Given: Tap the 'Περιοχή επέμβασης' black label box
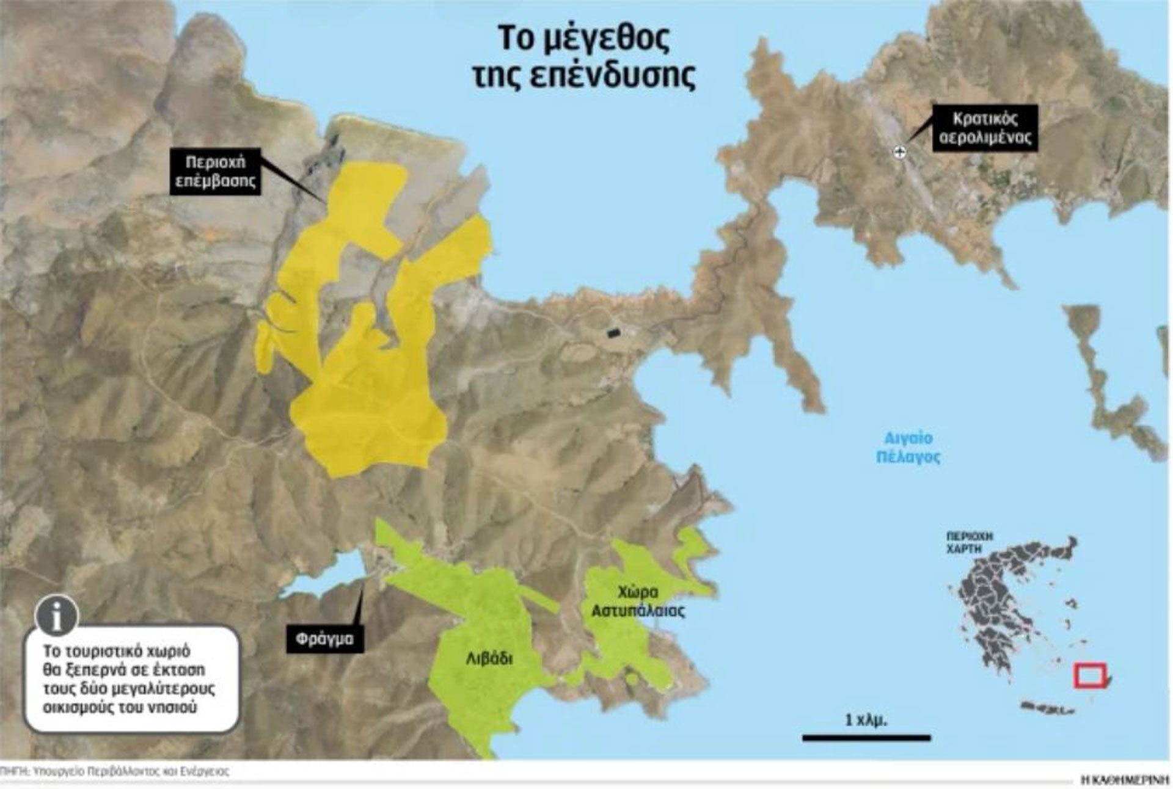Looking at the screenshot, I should click(215, 172).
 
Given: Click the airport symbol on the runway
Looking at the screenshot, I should click(899, 152).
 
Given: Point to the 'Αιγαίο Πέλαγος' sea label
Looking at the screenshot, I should click(908, 447).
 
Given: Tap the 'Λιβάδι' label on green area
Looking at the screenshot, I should click(489, 659).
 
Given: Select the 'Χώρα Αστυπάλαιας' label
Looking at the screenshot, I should click(638, 601).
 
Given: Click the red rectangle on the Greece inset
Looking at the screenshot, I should click(1091, 675).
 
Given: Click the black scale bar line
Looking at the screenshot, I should click(866, 738).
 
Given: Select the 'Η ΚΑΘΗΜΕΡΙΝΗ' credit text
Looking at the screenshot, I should click(1125, 779).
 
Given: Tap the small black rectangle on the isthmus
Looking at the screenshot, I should click(613, 333).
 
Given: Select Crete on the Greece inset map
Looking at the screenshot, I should click(1047, 709).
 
